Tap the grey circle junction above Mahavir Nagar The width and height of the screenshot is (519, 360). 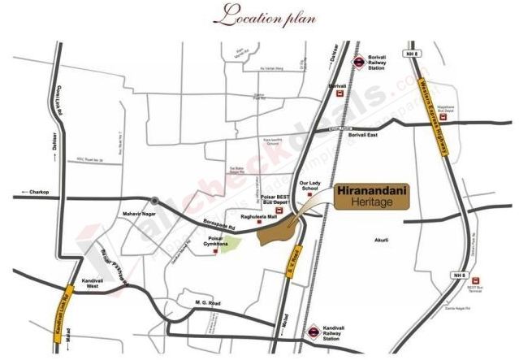point(154,201)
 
